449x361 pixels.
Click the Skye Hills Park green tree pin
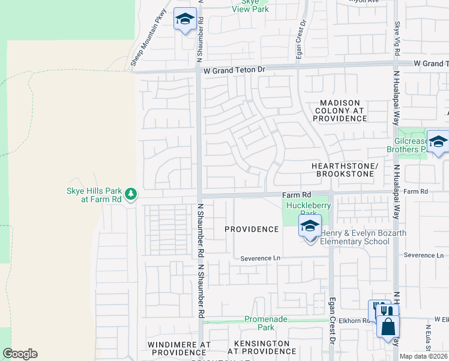tap(131, 194)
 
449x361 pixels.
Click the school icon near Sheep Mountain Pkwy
tap(185, 20)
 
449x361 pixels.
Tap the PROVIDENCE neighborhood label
tap(252, 229)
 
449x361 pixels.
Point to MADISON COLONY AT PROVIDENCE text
tap(340, 111)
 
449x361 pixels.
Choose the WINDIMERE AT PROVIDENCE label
tap(178, 348)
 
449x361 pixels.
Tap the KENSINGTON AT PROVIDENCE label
tap(262, 347)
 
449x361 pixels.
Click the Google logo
tap(20, 354)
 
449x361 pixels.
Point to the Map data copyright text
tap(424, 356)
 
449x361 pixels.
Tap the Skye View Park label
tap(250, 5)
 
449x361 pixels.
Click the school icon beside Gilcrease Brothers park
tap(438, 142)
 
